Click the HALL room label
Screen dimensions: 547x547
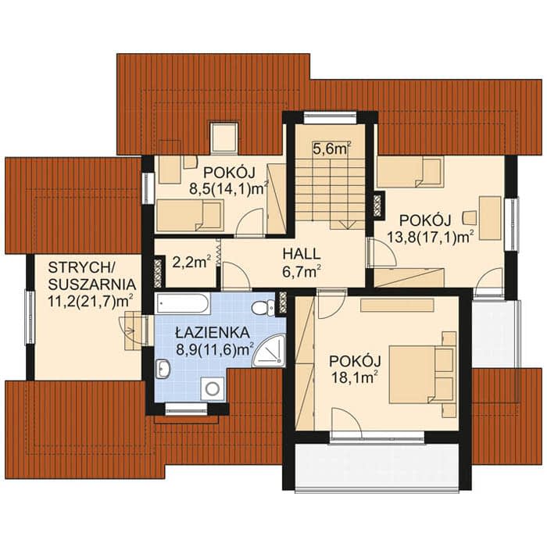tap(302, 254)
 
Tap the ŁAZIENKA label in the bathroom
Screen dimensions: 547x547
tap(213, 332)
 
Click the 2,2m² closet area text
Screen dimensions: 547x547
tap(191, 262)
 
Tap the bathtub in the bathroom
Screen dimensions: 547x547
tap(183, 303)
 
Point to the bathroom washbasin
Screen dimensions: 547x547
tap(163, 368)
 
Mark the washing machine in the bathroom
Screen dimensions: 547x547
tap(212, 389)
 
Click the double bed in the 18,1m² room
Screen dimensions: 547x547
tap(422, 374)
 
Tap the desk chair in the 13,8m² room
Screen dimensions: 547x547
tap(470, 217)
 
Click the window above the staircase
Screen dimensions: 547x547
tap(330, 118)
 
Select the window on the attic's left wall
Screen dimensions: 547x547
tap(30, 317)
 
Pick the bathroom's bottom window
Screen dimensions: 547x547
tap(186, 409)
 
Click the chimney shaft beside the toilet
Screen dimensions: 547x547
tap(283, 302)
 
